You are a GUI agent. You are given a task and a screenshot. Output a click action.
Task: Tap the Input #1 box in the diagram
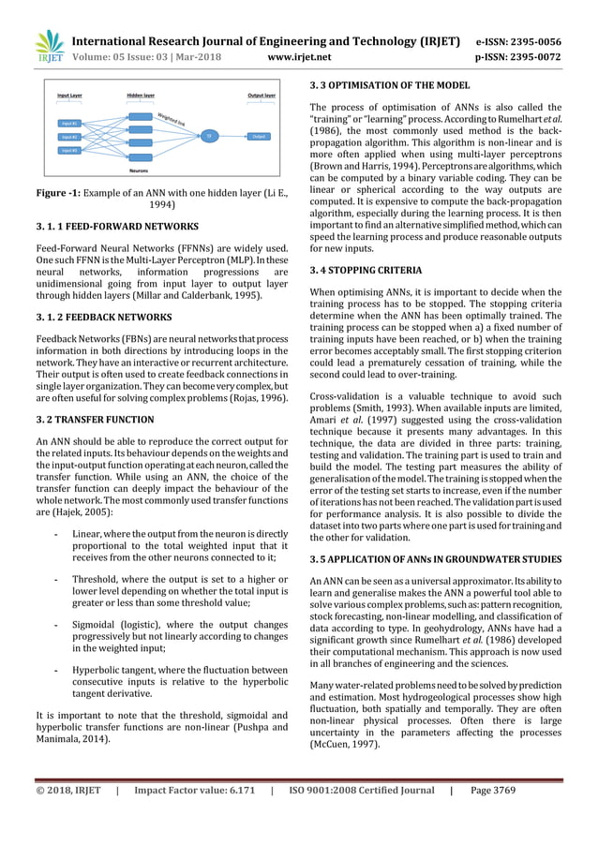[x=70, y=123]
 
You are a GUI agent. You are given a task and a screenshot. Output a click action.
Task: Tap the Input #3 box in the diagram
[x=70, y=150]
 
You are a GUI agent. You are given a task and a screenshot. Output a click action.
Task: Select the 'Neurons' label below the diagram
[x=141, y=171]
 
